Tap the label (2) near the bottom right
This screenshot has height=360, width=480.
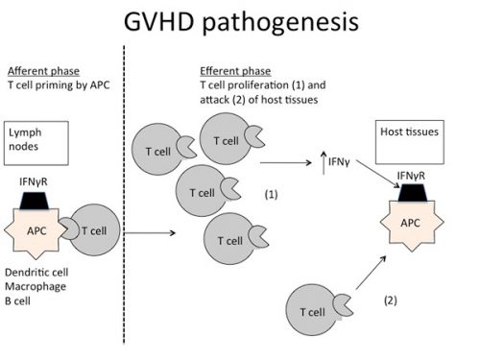tap(389, 300)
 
